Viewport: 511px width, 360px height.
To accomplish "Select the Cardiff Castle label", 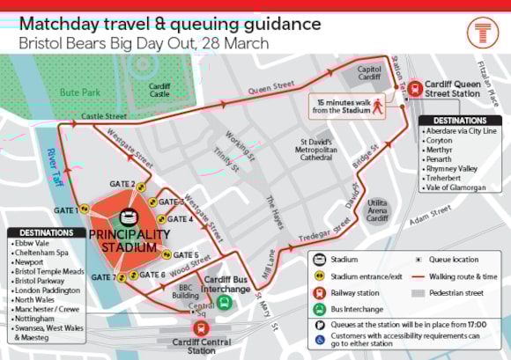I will (x=159, y=91).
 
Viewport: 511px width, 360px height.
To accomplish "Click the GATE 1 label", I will (x=65, y=210).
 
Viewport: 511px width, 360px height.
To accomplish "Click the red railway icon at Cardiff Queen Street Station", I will (x=415, y=88).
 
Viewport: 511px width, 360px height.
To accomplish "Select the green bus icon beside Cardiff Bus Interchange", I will (x=224, y=302).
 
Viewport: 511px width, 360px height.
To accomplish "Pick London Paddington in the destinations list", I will (x=47, y=289).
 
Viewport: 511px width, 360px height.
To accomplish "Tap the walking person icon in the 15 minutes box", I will (x=377, y=106).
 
